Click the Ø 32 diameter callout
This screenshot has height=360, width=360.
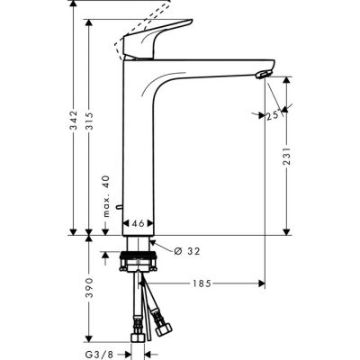[181, 249]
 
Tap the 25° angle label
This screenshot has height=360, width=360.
[273, 116]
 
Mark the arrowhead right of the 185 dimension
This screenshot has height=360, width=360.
[262, 284]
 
